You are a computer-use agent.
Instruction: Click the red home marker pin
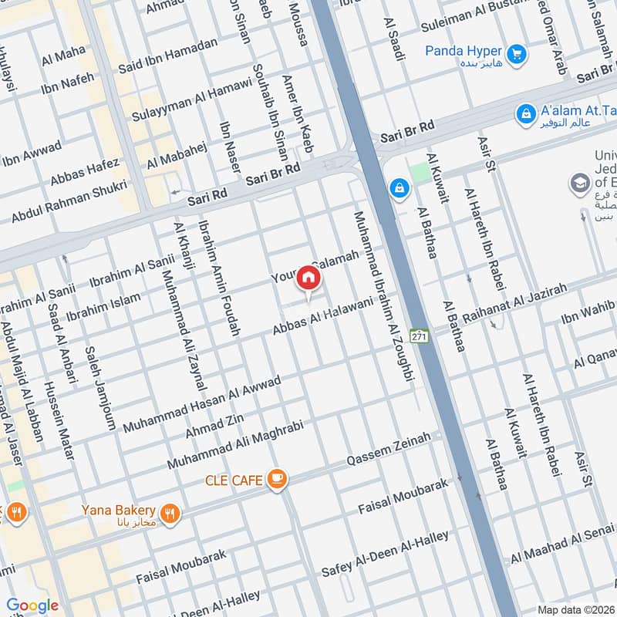coord(308,278)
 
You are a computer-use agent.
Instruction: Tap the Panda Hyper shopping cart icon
coord(518,53)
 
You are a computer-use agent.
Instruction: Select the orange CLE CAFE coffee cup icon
coord(276,480)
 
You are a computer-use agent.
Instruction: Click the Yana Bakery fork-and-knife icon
coord(170,511)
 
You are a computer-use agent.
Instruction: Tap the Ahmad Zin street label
coord(214,426)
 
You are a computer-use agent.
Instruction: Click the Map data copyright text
coord(575,609)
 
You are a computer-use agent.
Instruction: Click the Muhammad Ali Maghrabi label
coord(237,445)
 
